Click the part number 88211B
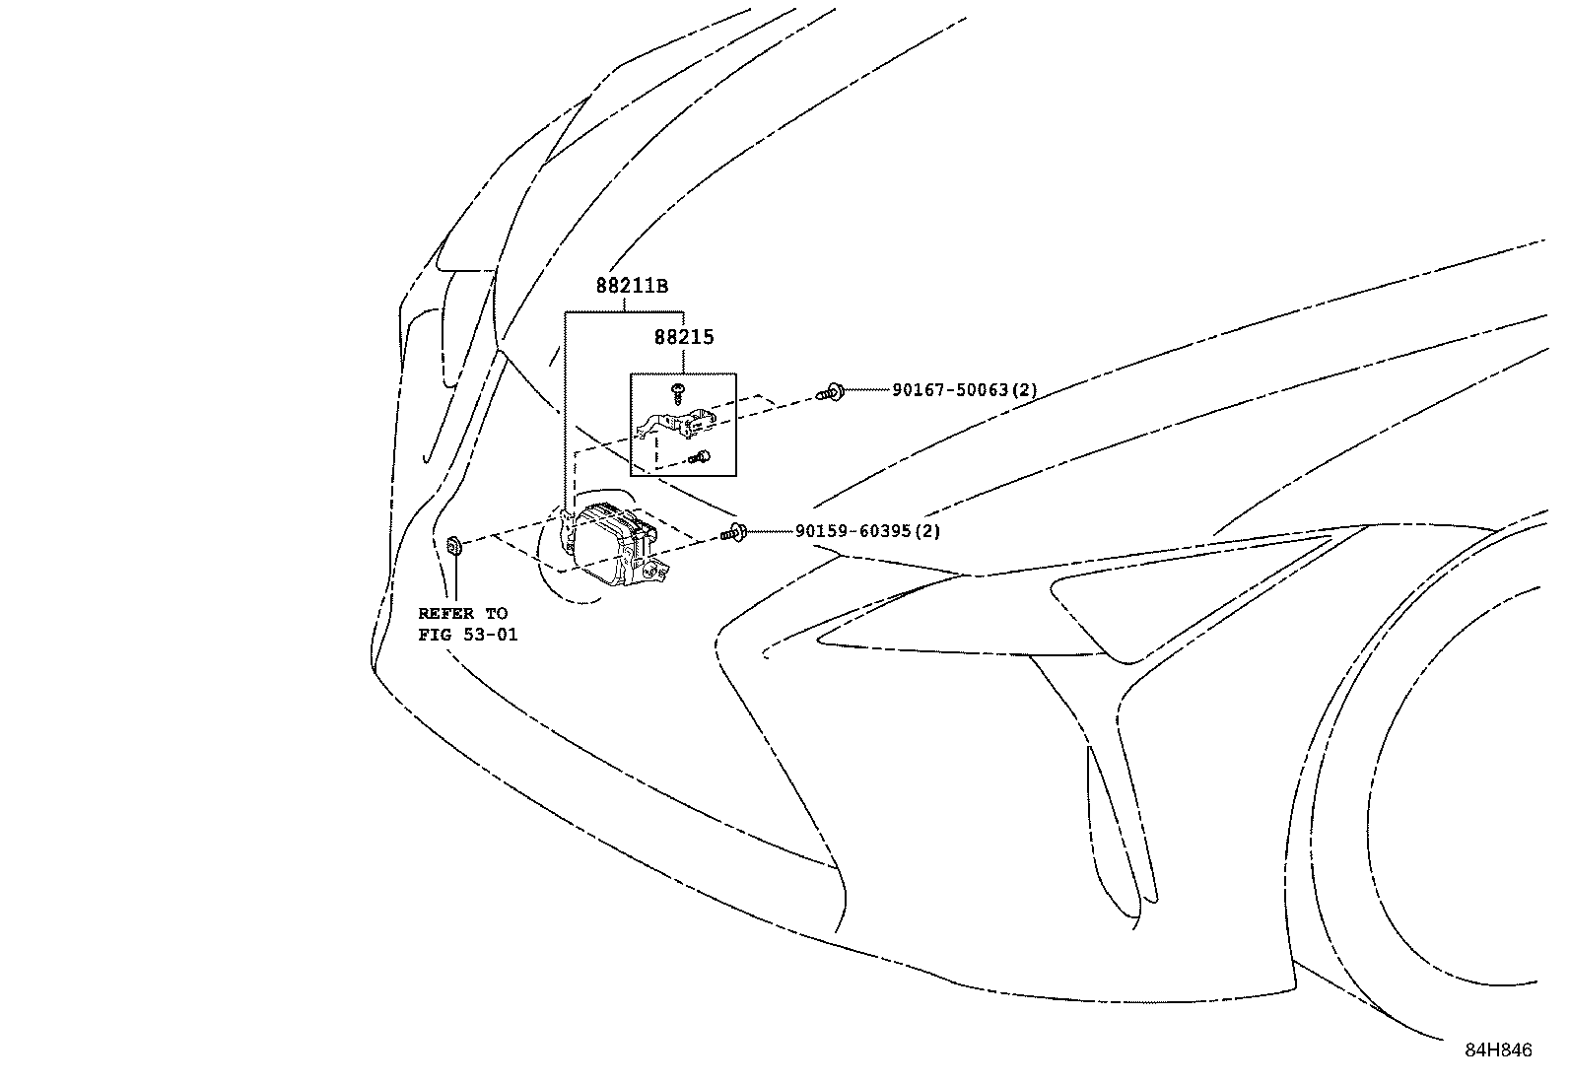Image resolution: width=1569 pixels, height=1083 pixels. (x=631, y=287)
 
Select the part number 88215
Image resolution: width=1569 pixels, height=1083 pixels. (x=684, y=337)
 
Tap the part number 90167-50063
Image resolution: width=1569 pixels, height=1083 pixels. (x=951, y=390)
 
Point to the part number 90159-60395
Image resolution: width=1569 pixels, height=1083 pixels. (x=854, y=531)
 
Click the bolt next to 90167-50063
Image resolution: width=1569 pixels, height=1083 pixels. (x=831, y=392)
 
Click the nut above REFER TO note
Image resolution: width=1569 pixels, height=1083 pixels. (x=455, y=545)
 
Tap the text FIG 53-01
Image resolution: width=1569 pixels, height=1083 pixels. (x=467, y=635)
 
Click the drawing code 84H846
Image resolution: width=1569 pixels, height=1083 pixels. (x=1498, y=1050)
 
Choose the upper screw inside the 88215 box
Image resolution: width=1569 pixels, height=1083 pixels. (x=678, y=392)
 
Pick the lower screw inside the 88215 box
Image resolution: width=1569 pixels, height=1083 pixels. (x=701, y=456)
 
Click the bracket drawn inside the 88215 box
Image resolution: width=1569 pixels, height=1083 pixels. (x=680, y=424)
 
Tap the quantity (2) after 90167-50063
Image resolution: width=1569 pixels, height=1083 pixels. (x=1025, y=390)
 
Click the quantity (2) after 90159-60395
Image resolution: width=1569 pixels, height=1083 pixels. (x=927, y=531)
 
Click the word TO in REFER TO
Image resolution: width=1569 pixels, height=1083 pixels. (x=496, y=614)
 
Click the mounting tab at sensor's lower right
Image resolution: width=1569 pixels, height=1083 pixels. (x=656, y=569)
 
